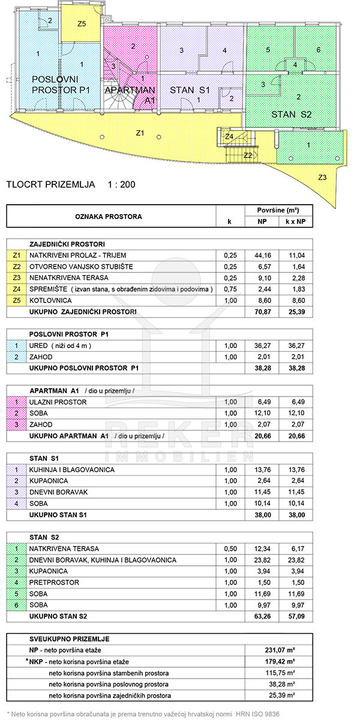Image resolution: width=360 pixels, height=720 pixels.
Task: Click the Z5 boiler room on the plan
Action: click(x=82, y=23)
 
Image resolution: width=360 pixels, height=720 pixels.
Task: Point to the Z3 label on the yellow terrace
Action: click(x=322, y=178)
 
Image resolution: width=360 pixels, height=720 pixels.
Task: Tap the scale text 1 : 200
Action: click(x=121, y=184)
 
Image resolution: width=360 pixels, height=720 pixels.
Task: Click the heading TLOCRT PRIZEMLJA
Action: click(x=50, y=184)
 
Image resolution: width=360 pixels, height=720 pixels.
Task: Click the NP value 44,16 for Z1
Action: click(x=262, y=255)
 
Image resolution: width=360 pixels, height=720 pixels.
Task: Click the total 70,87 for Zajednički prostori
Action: click(x=262, y=311)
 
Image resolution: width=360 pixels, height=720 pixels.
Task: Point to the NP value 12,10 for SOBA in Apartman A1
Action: click(x=262, y=413)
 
